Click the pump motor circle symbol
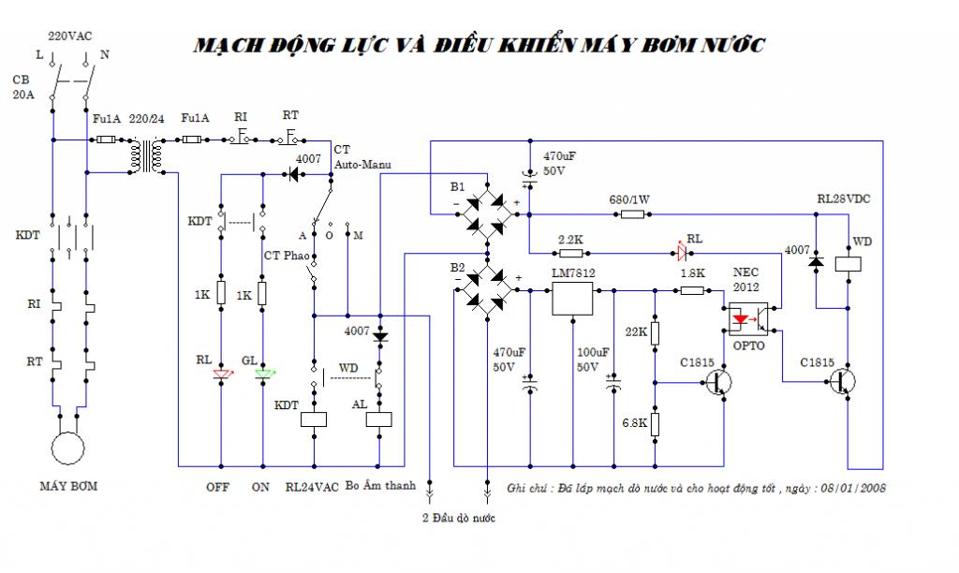click(68, 448)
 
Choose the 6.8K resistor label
click(635, 423)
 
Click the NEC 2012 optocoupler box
click(749, 318)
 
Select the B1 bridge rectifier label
click(456, 186)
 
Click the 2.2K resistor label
click(570, 240)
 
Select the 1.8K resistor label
click(693, 273)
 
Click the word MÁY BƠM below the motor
click(68, 487)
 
